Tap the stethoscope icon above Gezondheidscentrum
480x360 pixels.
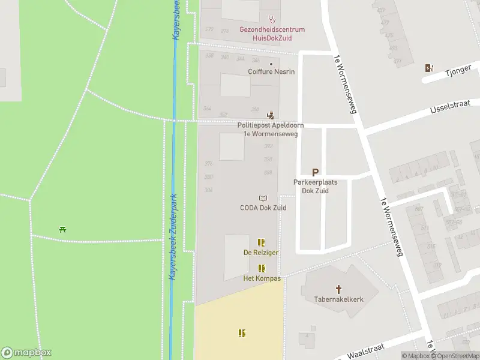tap(272, 19)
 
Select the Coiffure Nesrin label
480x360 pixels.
tap(271, 71)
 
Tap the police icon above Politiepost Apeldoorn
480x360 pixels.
tap(271, 115)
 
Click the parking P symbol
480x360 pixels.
tap(315, 172)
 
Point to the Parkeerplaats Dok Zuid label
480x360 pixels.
tap(315, 187)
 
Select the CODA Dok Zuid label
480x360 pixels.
tap(263, 208)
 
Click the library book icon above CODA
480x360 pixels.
tap(262, 198)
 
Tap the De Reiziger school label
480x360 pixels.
tap(260, 253)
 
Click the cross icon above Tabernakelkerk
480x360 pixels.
tap(338, 289)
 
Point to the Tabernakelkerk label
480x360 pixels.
tap(338, 299)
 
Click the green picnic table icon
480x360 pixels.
tap(62, 229)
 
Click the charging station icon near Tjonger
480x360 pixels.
tap(428, 68)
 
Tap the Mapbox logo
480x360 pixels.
tap(26, 353)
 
